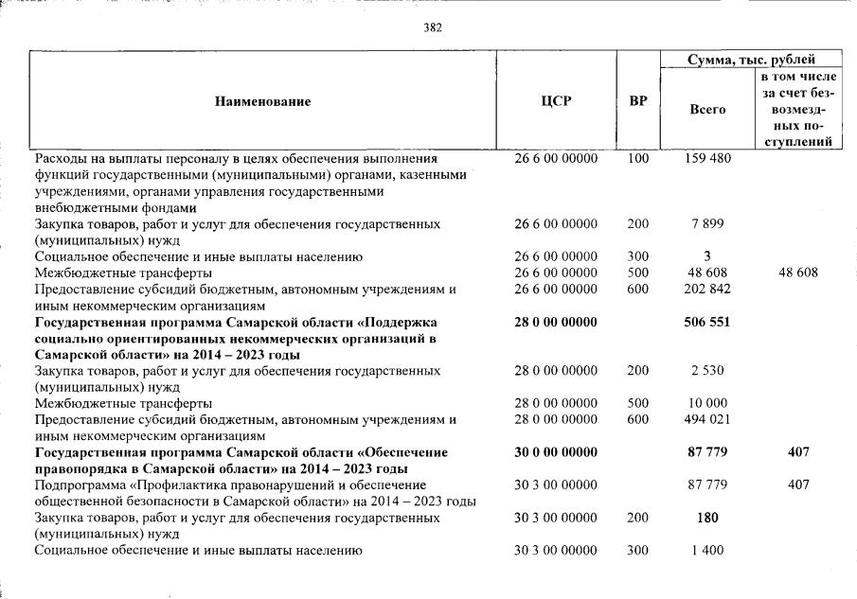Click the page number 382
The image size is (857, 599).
[433, 27]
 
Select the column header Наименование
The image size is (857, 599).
[262, 101]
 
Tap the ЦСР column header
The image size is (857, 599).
[556, 101]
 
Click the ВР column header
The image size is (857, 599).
[637, 101]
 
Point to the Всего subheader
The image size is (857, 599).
[707, 110]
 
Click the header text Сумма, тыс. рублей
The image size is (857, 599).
[751, 60]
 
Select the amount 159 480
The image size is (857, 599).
[707, 159]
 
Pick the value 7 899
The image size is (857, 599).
[707, 224]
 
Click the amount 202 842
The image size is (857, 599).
[707, 290]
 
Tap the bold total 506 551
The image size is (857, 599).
[707, 322]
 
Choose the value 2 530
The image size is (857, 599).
[707, 371]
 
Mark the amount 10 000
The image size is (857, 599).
[707, 403]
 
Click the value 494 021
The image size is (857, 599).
[707, 419]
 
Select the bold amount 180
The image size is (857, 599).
[707, 518]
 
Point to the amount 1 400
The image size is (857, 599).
[707, 550]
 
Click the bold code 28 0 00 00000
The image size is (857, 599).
[556, 322]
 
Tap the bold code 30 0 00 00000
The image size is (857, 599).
[556, 452]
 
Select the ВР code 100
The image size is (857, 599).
[637, 159]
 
